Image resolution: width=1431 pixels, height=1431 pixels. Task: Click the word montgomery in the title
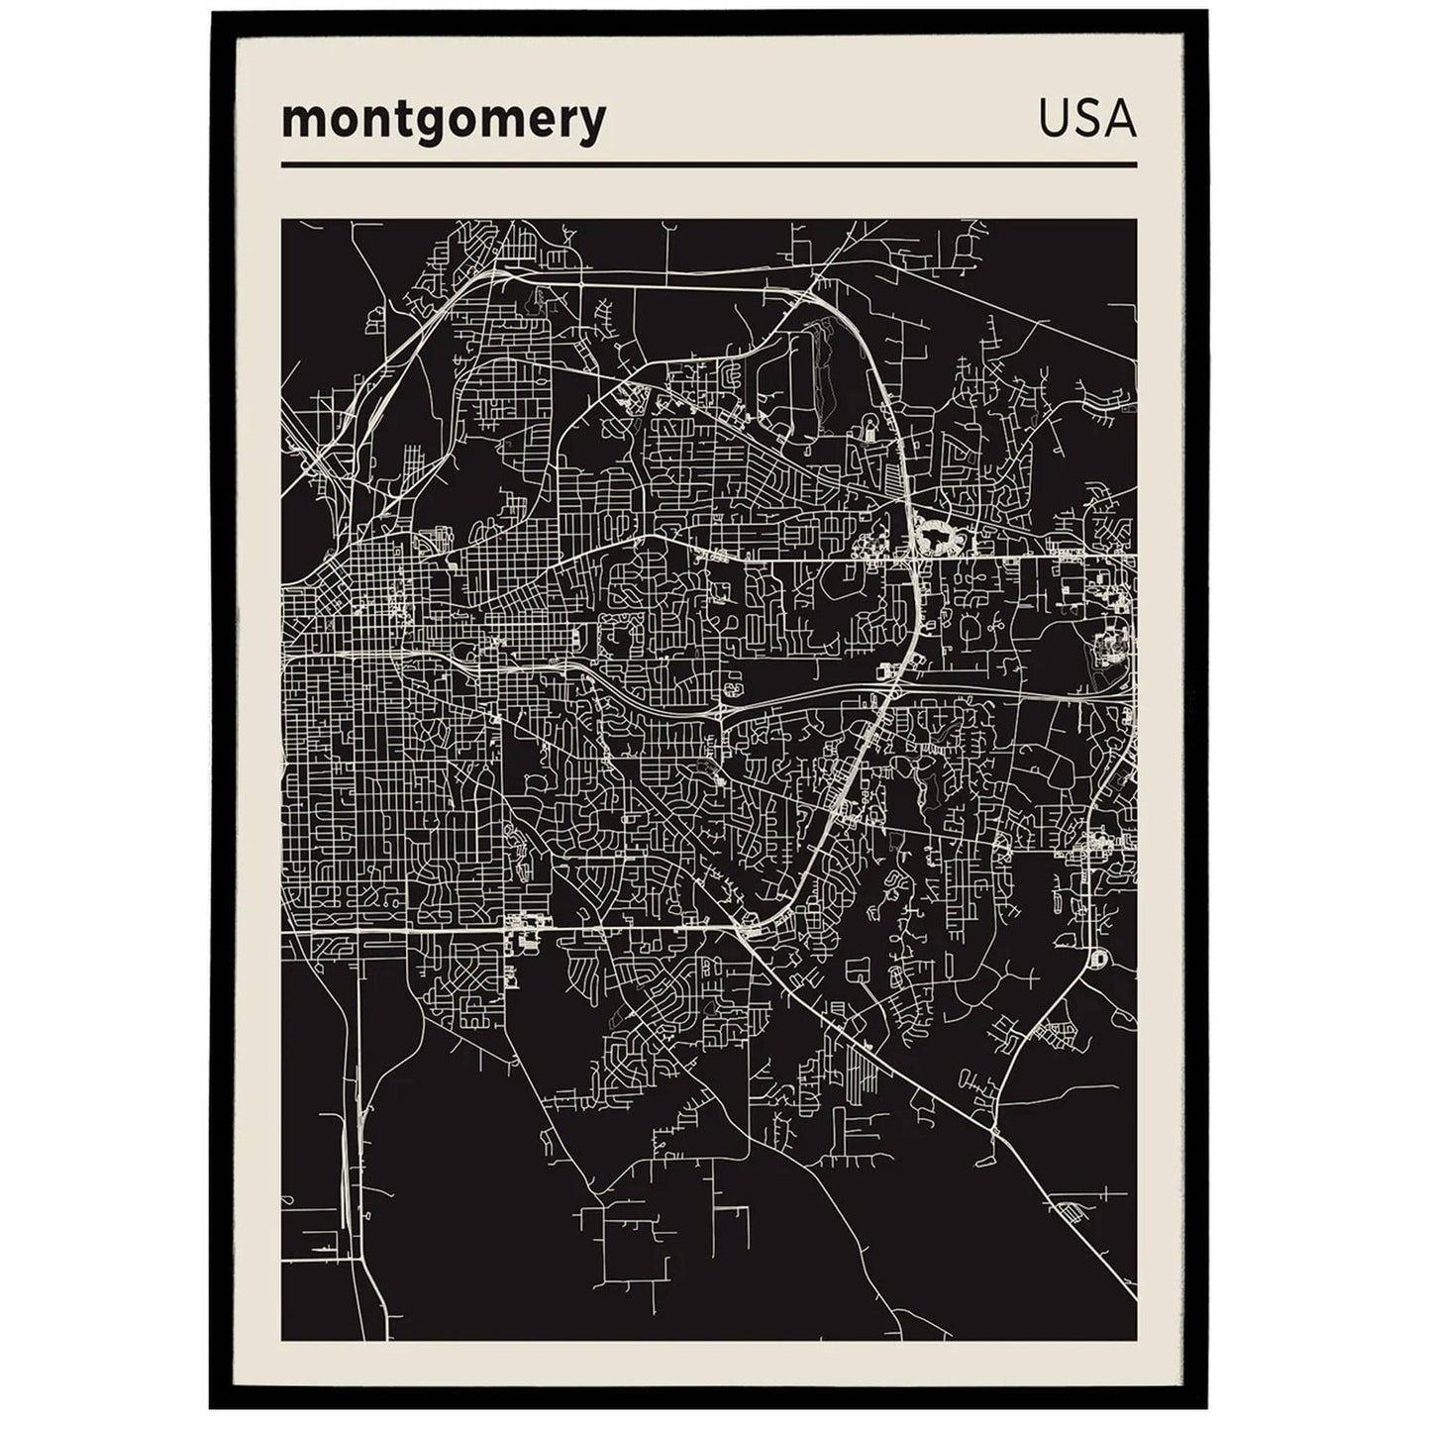coord(443,122)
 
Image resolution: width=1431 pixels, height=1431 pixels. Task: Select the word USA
coord(1086,119)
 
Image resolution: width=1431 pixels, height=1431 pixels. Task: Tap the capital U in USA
coord(1054,119)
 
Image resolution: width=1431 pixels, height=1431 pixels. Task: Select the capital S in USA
coord(1086,119)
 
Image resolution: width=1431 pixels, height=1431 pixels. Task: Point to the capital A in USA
coord(1120,119)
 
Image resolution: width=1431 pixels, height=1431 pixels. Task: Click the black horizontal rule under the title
coord(708,164)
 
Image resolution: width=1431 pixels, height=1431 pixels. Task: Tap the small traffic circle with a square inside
coord(1096,958)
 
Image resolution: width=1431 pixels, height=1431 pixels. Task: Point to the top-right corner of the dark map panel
coord(1135,221)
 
